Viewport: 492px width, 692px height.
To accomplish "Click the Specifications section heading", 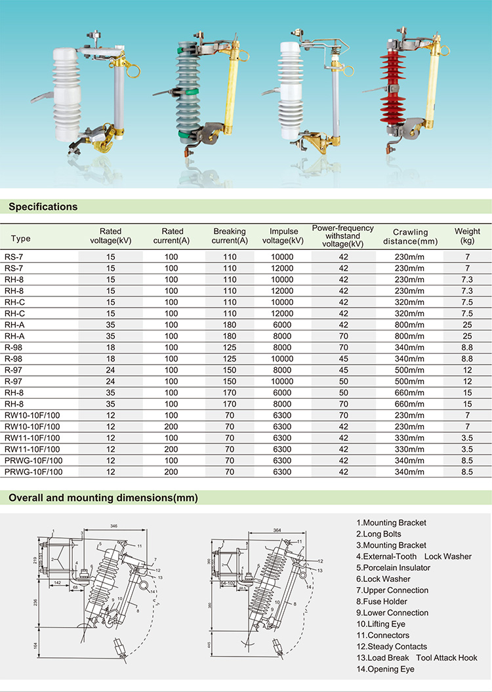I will pos(43,207).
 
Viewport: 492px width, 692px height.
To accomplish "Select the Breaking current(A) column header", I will pos(230,236).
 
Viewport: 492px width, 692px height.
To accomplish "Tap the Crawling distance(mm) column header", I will pos(410,236).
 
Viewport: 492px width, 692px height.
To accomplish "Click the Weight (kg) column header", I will pos(467,236).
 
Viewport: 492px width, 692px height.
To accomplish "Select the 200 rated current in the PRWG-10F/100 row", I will pos(171,472).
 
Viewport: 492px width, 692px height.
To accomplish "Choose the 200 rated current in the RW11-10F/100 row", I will pos(171,449).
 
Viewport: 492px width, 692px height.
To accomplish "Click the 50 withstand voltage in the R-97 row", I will pos(343,381).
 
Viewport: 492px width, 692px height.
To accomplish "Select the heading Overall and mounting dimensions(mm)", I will pos(103,498).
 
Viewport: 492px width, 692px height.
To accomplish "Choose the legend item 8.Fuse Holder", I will pos(382,601).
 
